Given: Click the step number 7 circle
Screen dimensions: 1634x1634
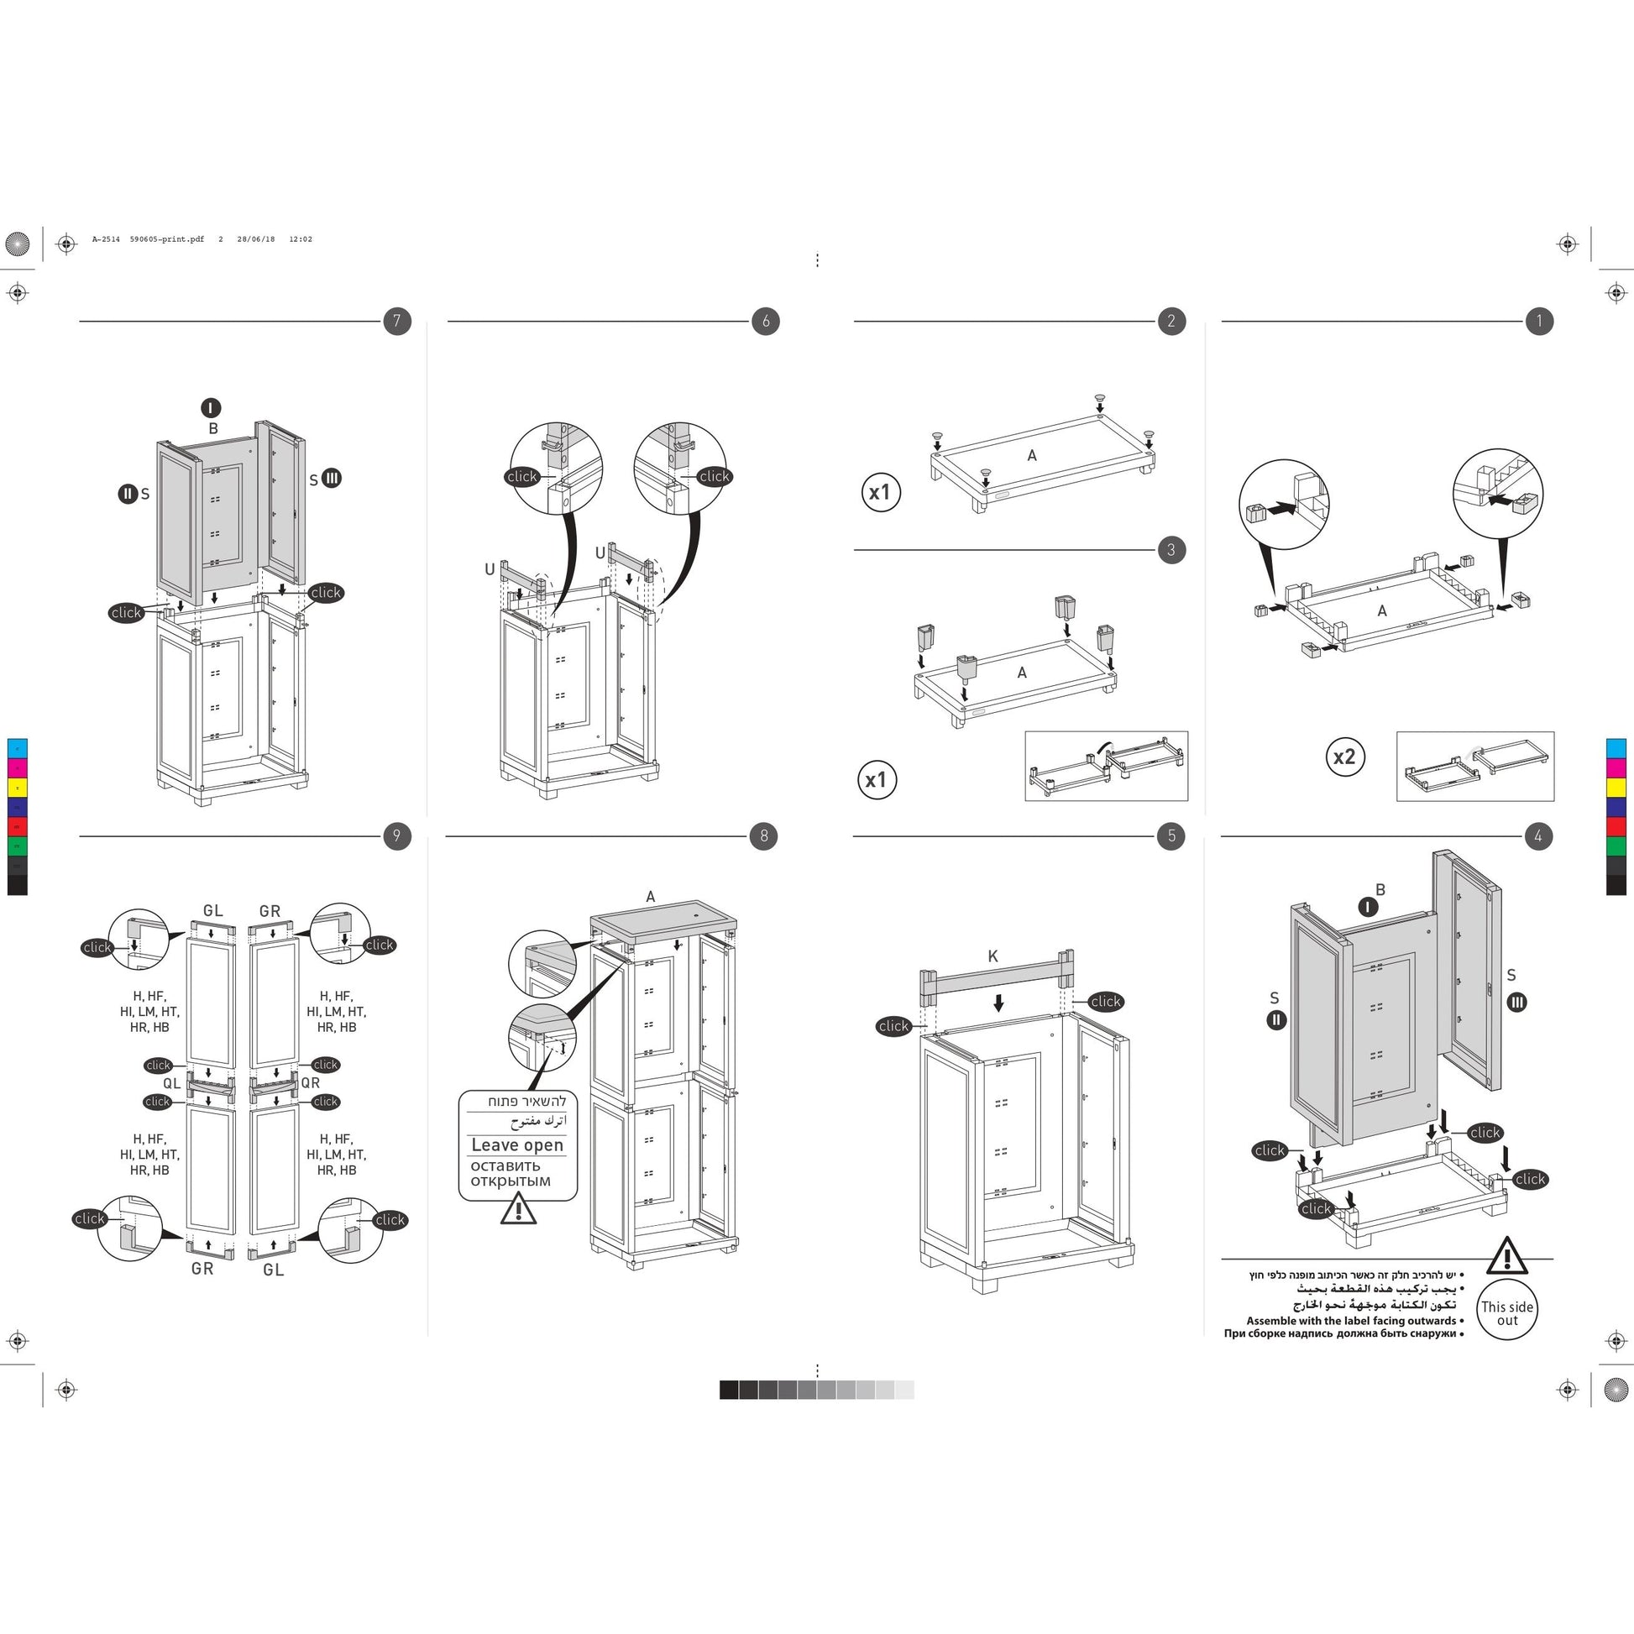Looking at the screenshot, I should (396, 322).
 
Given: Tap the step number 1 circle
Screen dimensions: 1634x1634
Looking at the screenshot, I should (1538, 322).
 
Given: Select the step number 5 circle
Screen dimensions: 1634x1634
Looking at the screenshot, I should (1171, 836).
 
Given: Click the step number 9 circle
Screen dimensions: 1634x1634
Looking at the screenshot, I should (396, 836).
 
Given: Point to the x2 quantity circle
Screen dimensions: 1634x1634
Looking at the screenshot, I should (1344, 756).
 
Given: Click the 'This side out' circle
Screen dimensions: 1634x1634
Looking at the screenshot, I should (1506, 1312).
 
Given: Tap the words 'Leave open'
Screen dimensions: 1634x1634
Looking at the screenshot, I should (516, 1145).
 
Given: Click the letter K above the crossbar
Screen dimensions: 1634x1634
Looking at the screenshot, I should (993, 956).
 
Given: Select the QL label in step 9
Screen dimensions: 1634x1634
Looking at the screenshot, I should (171, 1083).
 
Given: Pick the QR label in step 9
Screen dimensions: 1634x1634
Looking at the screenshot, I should (311, 1083).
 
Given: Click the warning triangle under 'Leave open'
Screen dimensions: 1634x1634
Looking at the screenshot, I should (517, 1209).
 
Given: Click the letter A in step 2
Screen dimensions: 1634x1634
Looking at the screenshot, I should (1032, 456).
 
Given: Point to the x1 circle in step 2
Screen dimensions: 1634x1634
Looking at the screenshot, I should (880, 492).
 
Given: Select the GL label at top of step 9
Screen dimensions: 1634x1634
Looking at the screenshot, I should (213, 911).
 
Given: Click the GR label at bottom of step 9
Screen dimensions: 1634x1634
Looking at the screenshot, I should (202, 1269).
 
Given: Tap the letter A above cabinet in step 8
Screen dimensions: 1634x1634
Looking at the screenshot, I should (651, 897).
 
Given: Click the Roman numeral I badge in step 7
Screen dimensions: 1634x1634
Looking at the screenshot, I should (211, 408).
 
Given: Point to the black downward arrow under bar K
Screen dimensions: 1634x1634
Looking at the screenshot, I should (999, 1003).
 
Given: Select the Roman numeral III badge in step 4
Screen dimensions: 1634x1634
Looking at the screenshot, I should (1516, 1003).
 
